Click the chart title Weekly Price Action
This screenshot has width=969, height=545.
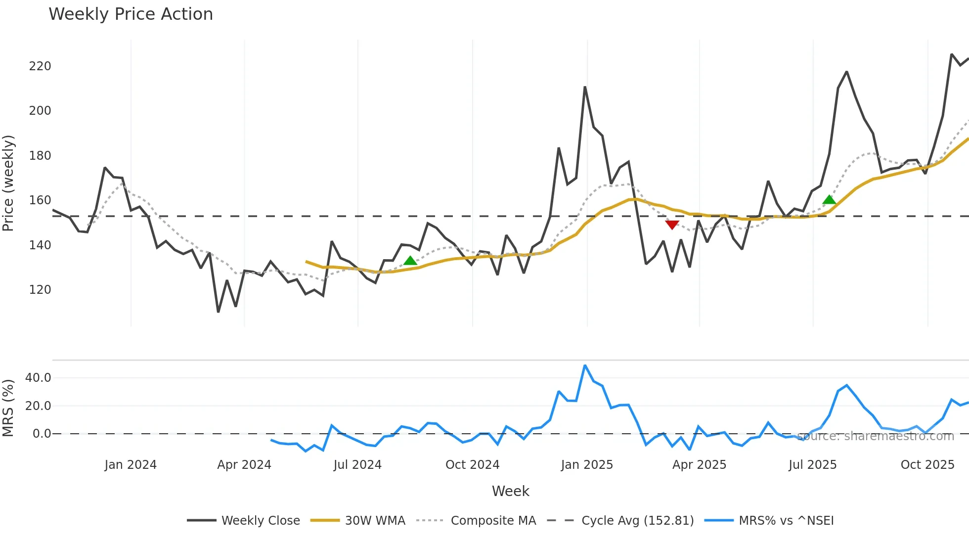coord(131,14)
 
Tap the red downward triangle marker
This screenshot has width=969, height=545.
coord(672,225)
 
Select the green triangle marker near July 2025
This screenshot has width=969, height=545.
coord(829,200)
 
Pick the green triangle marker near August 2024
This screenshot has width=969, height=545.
coord(410,261)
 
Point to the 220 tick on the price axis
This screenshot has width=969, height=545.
coord(40,66)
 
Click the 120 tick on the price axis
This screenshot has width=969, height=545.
coord(40,290)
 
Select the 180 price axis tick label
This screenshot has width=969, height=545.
coord(40,156)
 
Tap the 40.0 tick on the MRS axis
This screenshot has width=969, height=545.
coord(38,378)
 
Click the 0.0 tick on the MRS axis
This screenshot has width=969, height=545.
coord(42,434)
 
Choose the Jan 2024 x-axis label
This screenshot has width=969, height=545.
coord(131,465)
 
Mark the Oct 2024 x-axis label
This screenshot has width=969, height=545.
coord(472,465)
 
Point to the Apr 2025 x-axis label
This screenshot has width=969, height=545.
coord(699,465)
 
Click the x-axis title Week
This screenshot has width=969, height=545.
coord(510,491)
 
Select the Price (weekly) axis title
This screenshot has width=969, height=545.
coord(8,183)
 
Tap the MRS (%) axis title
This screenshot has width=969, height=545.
coord(8,408)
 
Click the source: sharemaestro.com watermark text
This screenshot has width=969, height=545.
coord(875,436)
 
